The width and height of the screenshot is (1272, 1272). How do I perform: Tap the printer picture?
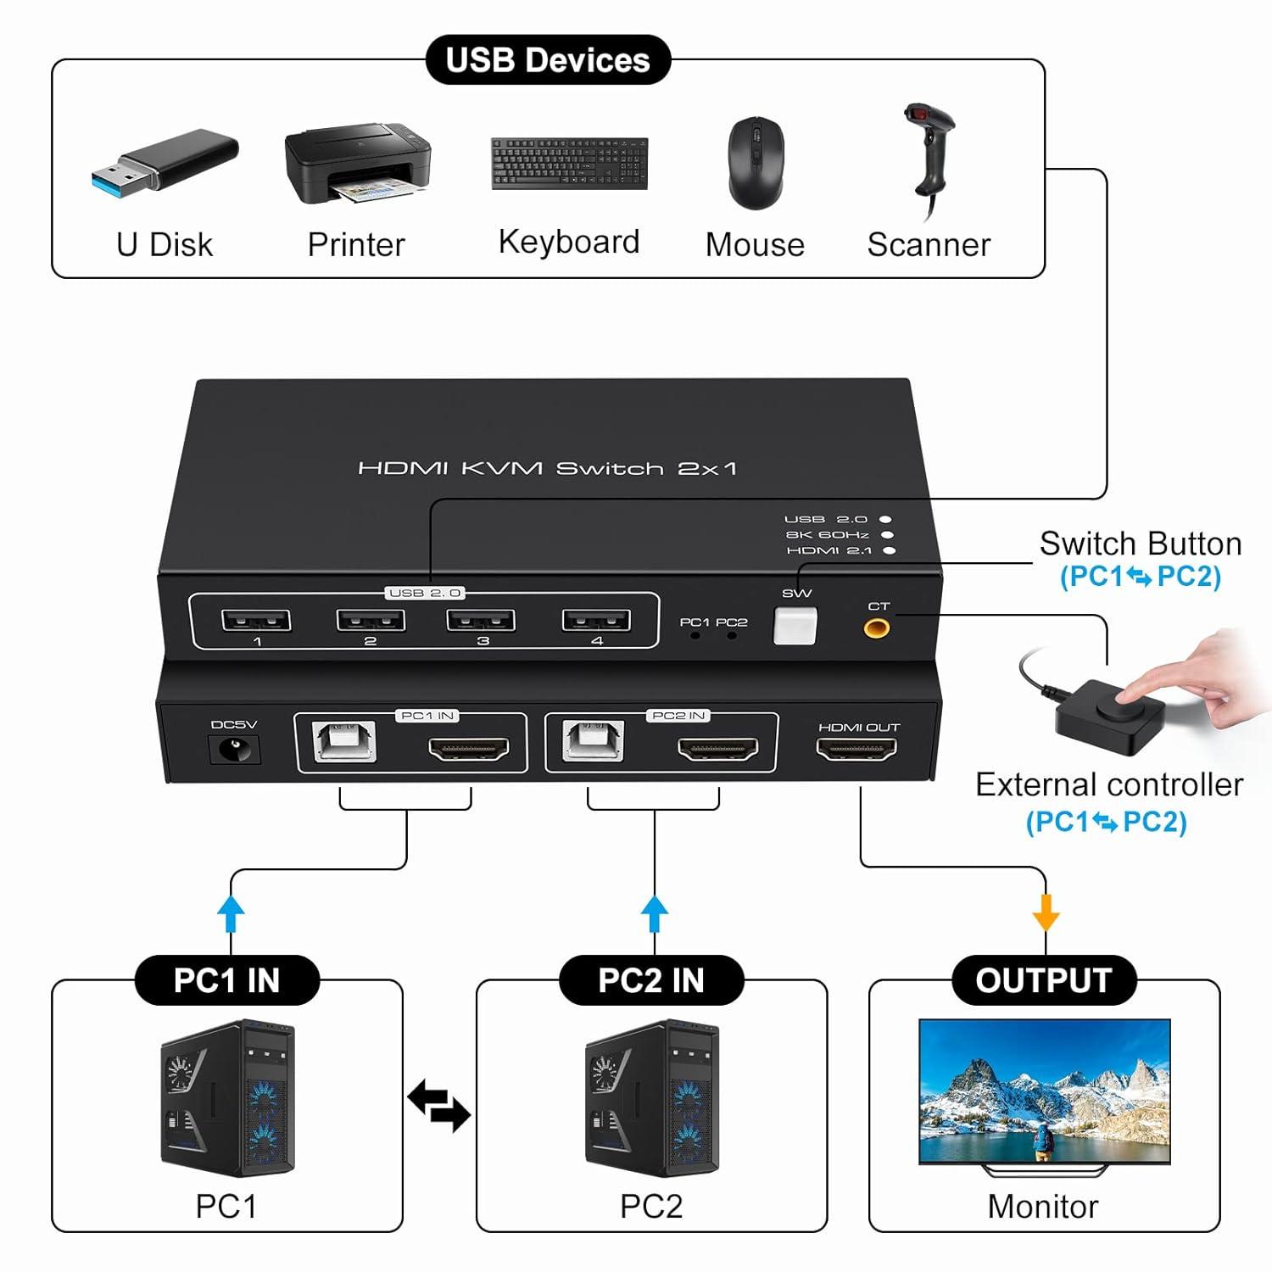click(x=357, y=164)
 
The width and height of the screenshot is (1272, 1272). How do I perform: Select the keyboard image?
click(x=569, y=164)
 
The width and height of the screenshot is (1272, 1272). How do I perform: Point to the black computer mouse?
click(x=756, y=163)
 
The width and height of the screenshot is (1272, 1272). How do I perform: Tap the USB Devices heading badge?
click(x=548, y=60)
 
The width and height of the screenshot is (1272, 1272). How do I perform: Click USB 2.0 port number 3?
click(x=481, y=621)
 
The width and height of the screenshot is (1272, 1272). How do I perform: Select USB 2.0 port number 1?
click(x=256, y=621)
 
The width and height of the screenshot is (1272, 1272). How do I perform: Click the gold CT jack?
click(x=876, y=629)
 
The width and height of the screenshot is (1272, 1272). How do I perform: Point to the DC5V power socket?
click(x=232, y=750)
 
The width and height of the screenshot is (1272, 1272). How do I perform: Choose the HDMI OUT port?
click(x=856, y=750)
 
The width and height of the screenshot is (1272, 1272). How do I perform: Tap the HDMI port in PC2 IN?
click(x=717, y=750)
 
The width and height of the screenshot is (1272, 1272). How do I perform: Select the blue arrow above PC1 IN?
click(x=232, y=913)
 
